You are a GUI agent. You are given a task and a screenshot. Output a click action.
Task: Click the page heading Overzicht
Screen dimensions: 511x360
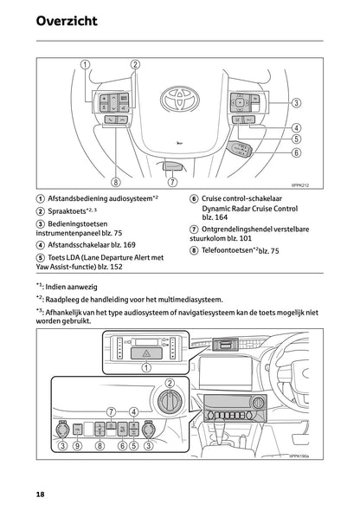pos(67,20)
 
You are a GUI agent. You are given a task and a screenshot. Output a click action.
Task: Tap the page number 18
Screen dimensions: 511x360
pos(41,493)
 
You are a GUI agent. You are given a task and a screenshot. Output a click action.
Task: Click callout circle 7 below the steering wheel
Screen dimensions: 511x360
pos(172,182)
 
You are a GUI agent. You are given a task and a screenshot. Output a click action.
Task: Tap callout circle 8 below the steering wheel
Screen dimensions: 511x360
pos(115,182)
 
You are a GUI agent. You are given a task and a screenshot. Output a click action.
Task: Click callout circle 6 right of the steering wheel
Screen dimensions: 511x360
pos(296,152)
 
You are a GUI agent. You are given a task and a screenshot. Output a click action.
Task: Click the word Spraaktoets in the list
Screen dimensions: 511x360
pos(71,211)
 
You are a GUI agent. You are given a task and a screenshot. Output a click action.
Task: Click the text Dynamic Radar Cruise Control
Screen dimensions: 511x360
pos(249,209)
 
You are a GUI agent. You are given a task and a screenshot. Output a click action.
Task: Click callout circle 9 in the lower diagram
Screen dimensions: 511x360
pos(77,446)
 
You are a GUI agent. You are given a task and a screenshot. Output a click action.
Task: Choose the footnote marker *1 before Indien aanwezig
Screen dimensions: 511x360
pos(41,284)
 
